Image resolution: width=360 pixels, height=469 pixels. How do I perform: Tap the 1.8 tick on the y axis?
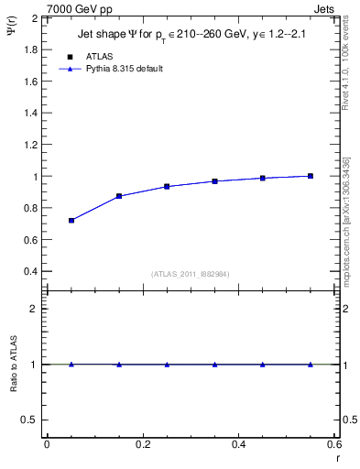click(x=30, y=49)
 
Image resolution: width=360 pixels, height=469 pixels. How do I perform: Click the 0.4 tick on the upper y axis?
click(x=30, y=272)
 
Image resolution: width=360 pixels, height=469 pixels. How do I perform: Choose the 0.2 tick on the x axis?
click(x=143, y=444)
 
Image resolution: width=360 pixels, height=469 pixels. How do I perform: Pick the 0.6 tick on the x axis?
click(x=334, y=444)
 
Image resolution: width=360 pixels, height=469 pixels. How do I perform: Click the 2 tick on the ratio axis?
click(x=34, y=309)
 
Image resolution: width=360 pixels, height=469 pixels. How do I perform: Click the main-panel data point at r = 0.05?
click(x=71, y=221)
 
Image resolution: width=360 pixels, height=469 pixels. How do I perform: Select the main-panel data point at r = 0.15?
click(x=119, y=196)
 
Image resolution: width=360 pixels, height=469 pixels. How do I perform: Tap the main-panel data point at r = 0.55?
click(x=311, y=176)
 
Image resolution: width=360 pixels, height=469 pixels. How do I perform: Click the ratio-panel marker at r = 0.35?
click(x=214, y=365)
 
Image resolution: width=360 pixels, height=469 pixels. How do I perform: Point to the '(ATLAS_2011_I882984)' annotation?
click(x=190, y=274)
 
